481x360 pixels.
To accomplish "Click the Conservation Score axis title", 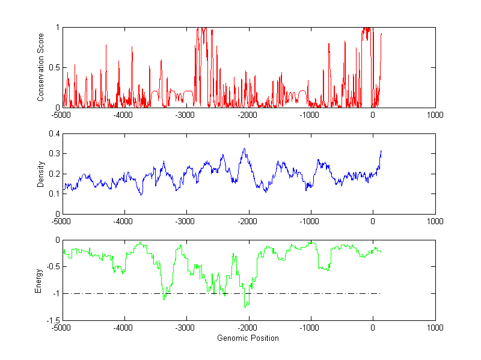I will coord(41,67).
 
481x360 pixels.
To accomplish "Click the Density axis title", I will coord(41,174).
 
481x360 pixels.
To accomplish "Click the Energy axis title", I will coord(38,281).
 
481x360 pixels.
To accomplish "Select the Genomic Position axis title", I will coord(248,338).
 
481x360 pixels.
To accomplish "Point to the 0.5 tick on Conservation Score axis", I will coord(54,67).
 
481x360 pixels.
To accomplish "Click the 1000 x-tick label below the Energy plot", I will coord(435,328).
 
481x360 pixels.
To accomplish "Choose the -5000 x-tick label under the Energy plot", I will coord(62,328).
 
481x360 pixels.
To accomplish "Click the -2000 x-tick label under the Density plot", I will coord(248,221).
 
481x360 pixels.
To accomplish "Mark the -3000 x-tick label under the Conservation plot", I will coord(186,115).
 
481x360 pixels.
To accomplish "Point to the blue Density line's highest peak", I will coord(244,148).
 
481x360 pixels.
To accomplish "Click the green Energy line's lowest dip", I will coord(245,307).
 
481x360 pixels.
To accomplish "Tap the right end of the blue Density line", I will coord(381,151).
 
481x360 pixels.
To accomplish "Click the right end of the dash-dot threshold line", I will coord(381,293).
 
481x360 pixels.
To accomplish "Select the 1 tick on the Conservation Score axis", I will coord(57,28).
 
